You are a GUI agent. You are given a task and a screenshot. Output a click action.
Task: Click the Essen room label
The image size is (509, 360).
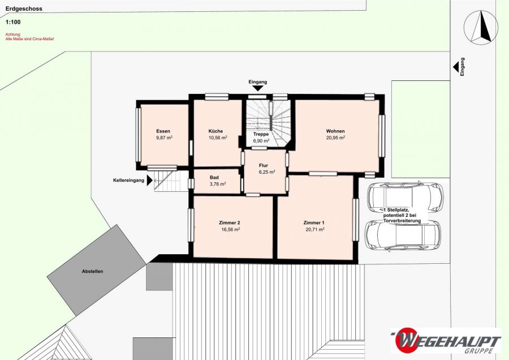(163, 131)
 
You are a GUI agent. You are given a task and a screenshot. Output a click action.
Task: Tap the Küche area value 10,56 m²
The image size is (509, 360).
(218, 138)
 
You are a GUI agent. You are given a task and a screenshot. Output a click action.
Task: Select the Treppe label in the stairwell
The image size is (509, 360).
(261, 134)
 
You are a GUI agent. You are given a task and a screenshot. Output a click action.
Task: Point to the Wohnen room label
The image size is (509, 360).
(335, 131)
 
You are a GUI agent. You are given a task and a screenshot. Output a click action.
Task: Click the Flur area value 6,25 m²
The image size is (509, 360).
(267, 172)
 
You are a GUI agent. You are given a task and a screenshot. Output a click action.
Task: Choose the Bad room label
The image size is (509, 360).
(214, 177)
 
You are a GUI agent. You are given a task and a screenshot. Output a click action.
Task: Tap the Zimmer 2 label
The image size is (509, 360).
(230, 223)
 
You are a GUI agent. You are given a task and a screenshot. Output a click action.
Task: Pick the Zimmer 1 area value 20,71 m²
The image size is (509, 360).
(315, 229)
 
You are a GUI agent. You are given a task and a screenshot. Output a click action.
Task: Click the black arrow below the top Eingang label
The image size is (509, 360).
(258, 88)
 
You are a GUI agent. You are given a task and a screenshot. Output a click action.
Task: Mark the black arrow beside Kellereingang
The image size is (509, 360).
(149, 181)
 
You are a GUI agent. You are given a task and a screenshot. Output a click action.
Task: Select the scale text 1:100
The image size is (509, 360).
(13, 22)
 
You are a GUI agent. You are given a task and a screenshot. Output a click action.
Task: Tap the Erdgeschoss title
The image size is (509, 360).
(24, 8)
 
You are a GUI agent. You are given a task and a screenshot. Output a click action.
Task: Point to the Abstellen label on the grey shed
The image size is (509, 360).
(93, 271)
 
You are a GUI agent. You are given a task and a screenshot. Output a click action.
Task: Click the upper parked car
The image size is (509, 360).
(405, 196)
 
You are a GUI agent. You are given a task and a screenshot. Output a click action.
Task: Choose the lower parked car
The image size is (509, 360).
(403, 236)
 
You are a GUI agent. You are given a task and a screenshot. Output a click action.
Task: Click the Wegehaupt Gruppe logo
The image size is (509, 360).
(446, 341)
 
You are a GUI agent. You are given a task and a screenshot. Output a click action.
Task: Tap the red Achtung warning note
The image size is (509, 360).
(30, 36)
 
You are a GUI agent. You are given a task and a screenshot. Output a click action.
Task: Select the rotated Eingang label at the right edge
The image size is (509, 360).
(462, 67)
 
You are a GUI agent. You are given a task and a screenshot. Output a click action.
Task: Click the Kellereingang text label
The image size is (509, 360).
(128, 181)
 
